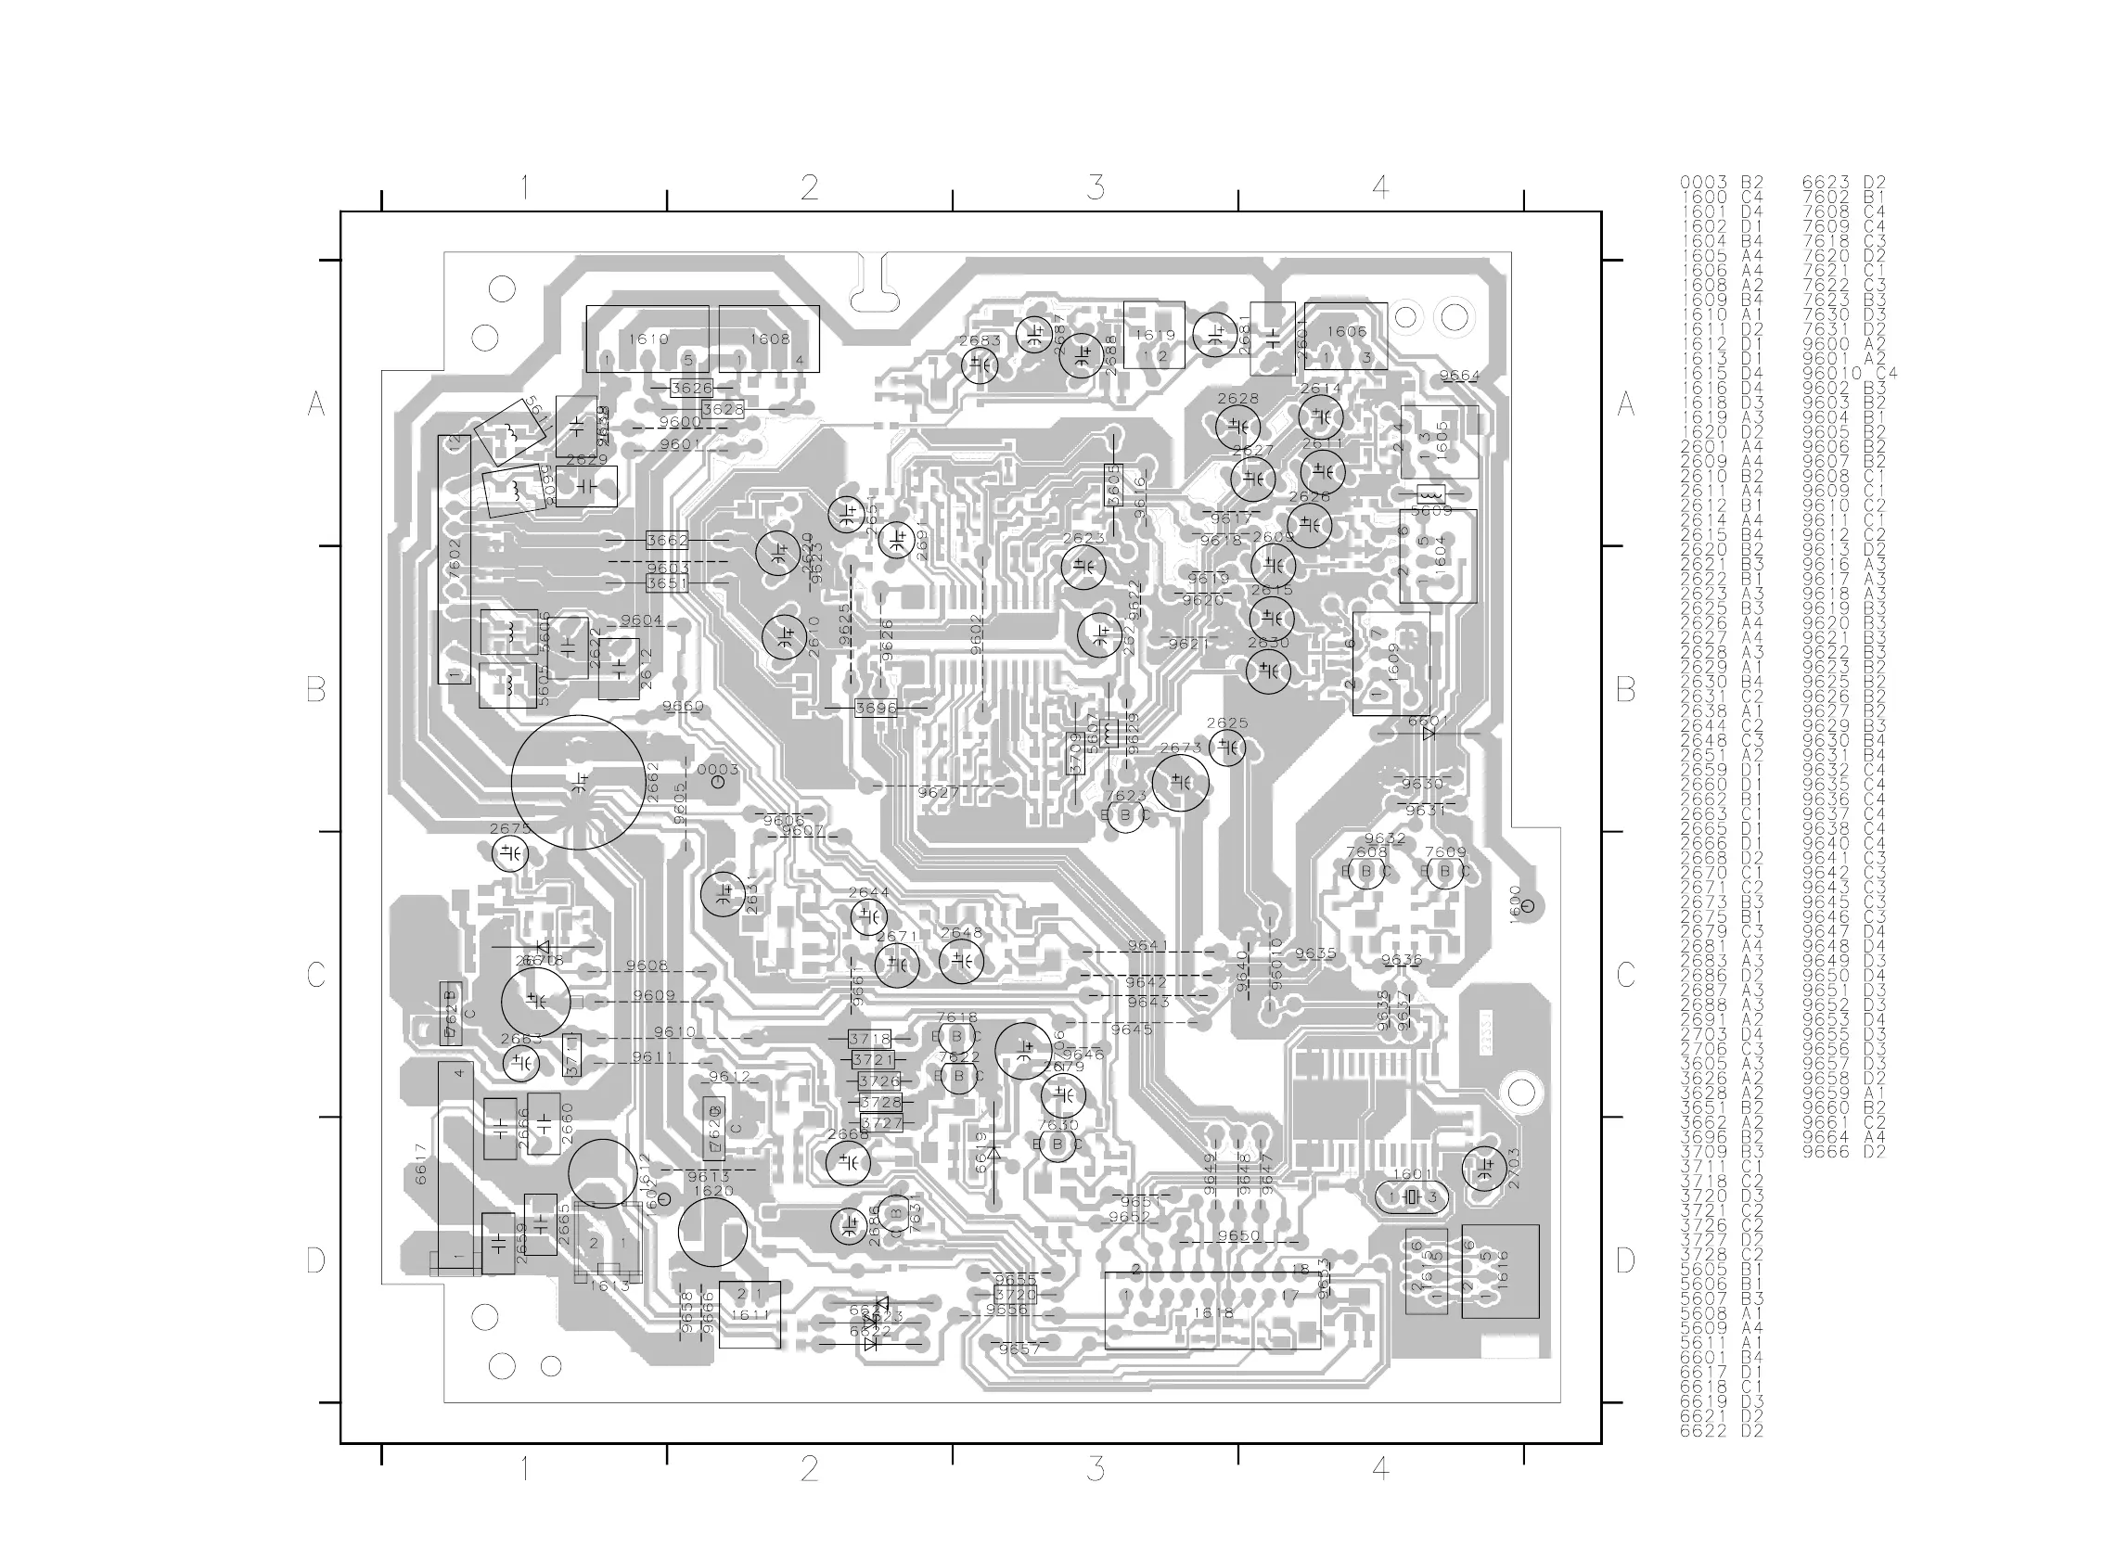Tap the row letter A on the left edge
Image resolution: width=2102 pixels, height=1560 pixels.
[x=316, y=404]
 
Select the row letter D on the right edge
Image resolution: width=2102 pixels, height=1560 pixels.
[x=1625, y=1260]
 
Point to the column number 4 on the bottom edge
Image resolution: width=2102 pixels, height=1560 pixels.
[x=1380, y=1468]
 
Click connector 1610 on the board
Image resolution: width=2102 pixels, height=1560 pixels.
[x=647, y=339]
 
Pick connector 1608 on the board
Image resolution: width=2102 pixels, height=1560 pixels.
[x=769, y=339]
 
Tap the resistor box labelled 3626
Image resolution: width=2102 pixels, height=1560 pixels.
[x=691, y=388]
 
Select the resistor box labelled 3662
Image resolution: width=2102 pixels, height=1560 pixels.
[x=667, y=540]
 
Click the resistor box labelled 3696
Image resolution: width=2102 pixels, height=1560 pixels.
[x=876, y=708]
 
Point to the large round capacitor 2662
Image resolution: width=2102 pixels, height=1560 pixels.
[x=579, y=782]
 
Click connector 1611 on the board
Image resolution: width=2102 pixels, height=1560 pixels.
[x=750, y=1313]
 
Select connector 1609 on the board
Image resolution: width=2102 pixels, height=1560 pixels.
[x=1391, y=664]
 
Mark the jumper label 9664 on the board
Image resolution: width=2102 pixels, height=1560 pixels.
[x=1459, y=376]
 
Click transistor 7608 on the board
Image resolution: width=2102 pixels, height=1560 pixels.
[x=1365, y=872]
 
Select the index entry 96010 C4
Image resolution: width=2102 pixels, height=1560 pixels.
[x=1849, y=373]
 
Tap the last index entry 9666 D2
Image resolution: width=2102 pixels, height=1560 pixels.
[x=1843, y=1151]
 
